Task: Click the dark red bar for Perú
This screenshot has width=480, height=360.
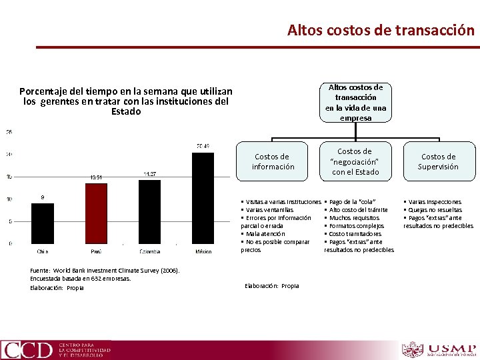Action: [97, 213]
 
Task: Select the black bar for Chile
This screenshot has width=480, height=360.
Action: [43, 223]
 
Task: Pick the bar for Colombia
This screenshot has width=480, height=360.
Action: [150, 211]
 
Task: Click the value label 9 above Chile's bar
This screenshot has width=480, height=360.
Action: [43, 197]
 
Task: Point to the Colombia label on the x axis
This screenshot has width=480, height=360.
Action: [150, 251]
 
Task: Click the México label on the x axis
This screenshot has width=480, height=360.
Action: [203, 251]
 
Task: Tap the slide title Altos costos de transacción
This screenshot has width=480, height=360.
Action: [381, 30]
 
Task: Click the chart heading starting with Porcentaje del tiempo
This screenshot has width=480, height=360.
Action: [126, 101]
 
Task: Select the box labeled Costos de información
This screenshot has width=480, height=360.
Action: [273, 162]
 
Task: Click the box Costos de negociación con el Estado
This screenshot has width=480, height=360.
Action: [355, 162]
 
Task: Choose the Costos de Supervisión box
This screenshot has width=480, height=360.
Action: [438, 162]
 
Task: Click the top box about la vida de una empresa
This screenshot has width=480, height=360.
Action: [355, 103]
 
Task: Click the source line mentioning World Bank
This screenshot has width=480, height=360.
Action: [105, 270]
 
